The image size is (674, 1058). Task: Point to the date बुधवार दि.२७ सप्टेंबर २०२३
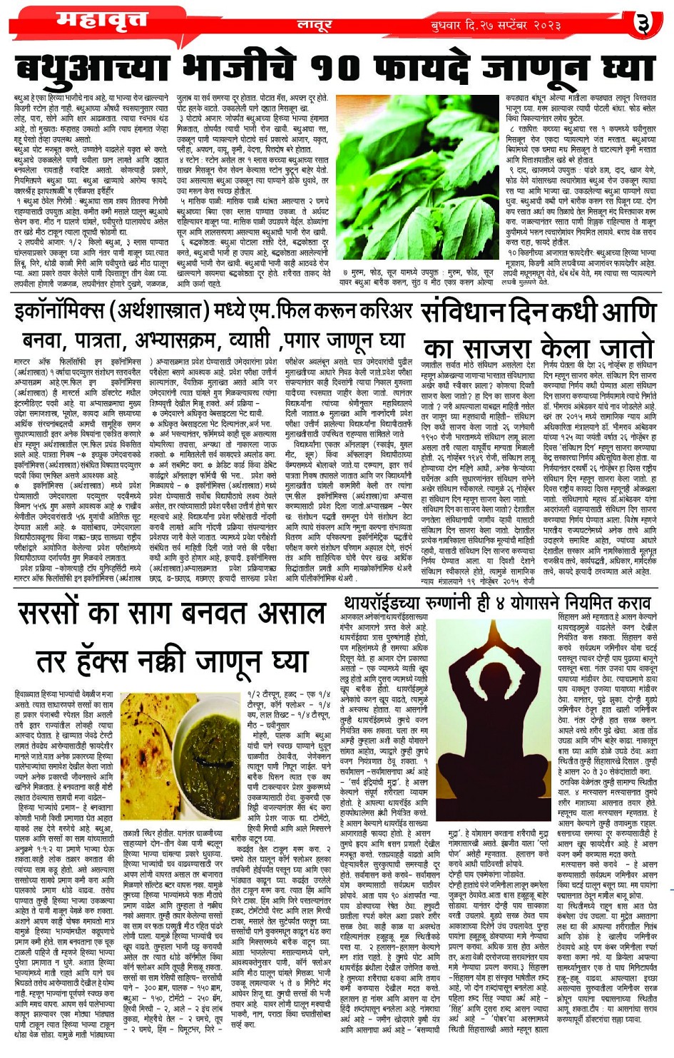(496, 26)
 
